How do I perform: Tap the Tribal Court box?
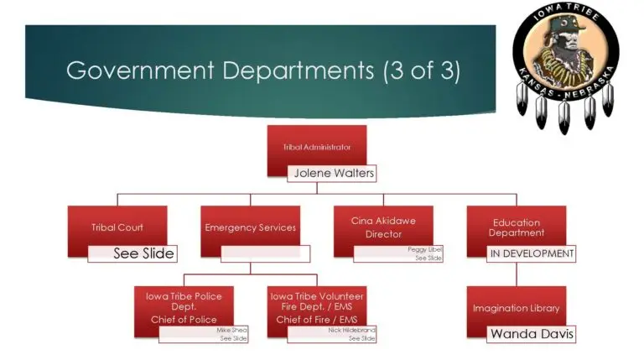(117, 226)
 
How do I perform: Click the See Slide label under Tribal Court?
(143, 253)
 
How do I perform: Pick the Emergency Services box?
(250, 226)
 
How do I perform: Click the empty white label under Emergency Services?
(265, 253)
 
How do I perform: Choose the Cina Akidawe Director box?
(383, 226)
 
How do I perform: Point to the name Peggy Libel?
(424, 250)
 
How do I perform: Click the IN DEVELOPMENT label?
(532, 253)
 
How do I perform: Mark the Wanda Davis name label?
(532, 334)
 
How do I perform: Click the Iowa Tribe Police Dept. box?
(184, 305)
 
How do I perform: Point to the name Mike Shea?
(232, 331)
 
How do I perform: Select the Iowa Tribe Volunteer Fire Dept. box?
(317, 305)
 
